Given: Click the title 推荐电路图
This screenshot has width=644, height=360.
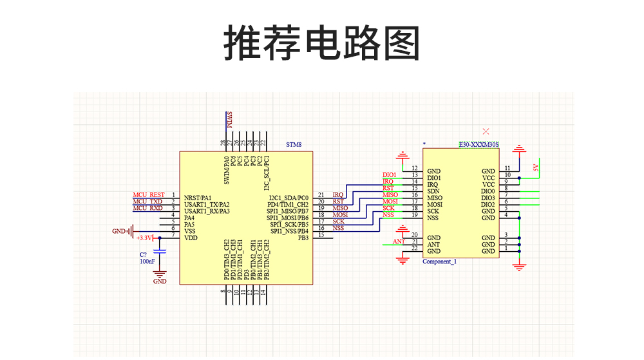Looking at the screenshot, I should [321, 44].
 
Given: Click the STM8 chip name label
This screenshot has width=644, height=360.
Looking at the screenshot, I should [294, 145].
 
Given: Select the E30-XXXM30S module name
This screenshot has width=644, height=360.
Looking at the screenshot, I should [479, 145].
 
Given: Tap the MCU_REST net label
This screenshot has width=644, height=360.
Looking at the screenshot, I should [149, 194].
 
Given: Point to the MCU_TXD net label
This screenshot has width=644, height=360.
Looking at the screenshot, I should [147, 202].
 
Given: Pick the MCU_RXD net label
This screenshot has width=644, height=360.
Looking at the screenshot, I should [147, 208].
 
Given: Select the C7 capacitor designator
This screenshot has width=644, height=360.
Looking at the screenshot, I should [143, 255].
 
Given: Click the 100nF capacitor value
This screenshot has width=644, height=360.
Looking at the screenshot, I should [146, 262].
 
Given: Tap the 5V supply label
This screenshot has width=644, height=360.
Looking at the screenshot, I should [535, 168].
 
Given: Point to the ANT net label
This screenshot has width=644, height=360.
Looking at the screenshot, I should [399, 242].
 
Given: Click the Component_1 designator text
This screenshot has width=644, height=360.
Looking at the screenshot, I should [439, 261].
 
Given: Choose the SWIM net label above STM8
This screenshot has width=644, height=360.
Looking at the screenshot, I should [229, 120].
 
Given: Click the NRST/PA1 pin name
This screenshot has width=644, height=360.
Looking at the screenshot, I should [198, 198].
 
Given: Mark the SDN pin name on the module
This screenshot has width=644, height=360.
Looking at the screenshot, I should [433, 191].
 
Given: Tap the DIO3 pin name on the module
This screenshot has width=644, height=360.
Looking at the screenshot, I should [488, 198].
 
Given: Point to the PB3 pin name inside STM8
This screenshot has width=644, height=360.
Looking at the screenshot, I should [303, 238].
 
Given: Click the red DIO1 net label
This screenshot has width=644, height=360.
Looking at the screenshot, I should [389, 175].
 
